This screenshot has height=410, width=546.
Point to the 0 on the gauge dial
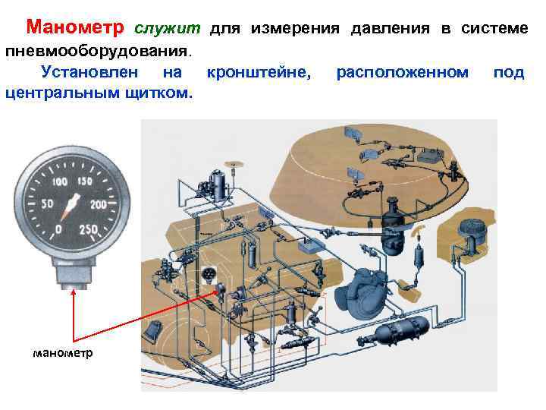tap(58, 229)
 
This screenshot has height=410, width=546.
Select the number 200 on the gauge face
tap(98, 205)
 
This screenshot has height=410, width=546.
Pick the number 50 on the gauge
tap(47, 205)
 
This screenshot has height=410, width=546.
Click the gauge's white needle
tap(72, 205)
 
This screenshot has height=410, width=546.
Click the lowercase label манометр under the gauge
tap(63, 353)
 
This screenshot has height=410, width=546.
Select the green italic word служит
tap(168, 29)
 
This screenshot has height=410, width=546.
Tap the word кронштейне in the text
tap(259, 73)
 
